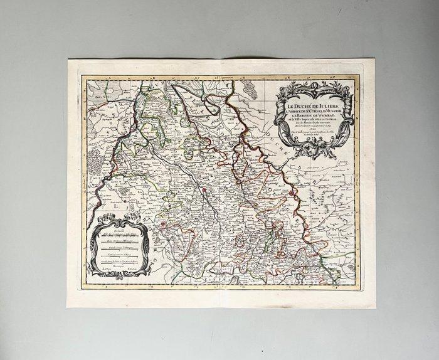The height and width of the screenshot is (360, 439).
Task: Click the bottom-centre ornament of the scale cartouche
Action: click(119, 275)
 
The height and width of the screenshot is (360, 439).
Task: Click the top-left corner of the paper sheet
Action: click(68, 60)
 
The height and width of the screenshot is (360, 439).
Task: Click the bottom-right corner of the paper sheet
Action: click(375, 308)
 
